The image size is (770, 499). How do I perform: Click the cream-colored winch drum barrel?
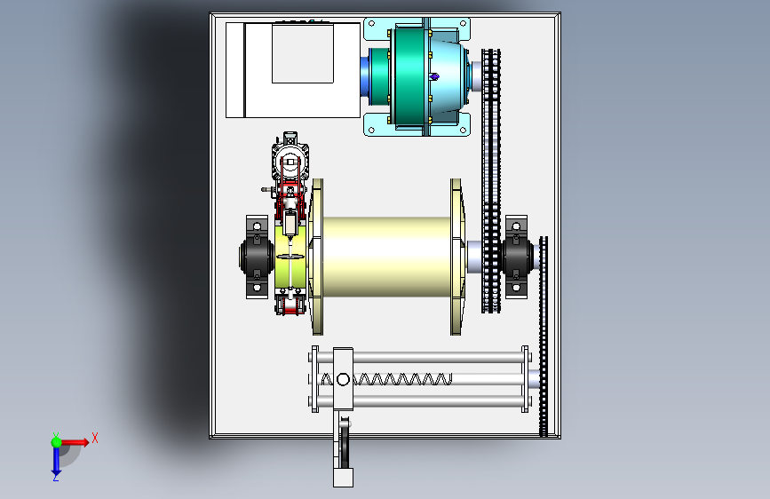point(386,257)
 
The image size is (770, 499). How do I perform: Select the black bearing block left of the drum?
point(256,257)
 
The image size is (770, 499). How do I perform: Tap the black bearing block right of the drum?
point(517,257)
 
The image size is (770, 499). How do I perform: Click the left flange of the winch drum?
point(317,257)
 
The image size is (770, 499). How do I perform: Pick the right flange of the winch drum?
point(456,257)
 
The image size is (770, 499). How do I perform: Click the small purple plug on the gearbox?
point(434,76)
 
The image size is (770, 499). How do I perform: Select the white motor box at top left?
point(293,70)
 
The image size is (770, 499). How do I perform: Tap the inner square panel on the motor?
point(303,54)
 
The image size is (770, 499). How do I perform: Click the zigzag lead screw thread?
point(386,379)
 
